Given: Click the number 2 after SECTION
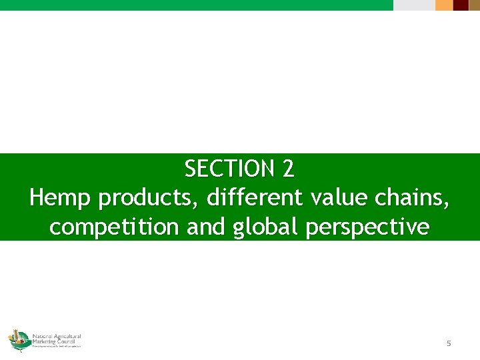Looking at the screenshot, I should point(287,169).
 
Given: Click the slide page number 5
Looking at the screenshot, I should point(449,343).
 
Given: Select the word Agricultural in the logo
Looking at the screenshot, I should point(67,335).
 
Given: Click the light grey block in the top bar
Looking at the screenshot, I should point(413,5).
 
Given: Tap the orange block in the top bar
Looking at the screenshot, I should point(444,5).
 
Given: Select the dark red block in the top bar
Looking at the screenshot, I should point(461,5).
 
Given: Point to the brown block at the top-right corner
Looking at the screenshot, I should point(474,5).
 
